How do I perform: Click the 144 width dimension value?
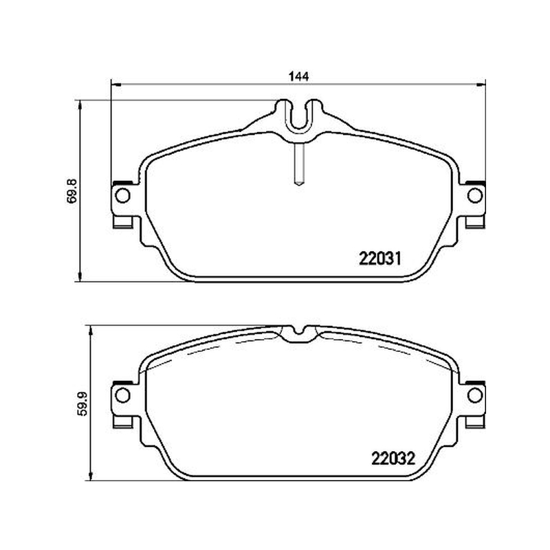[299, 76]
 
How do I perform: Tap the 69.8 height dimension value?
[71, 191]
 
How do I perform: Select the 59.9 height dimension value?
[82, 404]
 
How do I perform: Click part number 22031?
[380, 259]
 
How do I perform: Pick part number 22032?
[393, 458]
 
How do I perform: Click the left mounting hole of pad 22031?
[122, 195]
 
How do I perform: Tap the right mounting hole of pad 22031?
[475, 195]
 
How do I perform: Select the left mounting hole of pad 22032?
[122, 395]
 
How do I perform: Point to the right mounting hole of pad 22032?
[475, 395]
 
